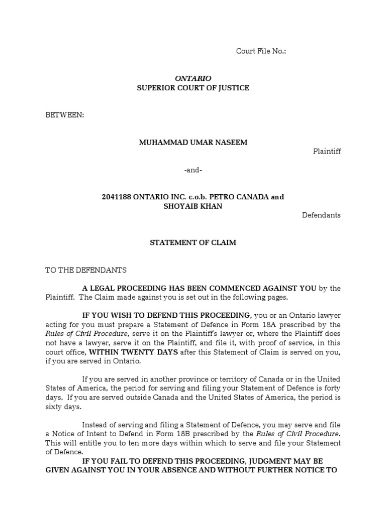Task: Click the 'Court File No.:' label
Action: point(261,51)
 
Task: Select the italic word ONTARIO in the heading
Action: point(193,78)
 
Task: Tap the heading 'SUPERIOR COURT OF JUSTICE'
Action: point(193,88)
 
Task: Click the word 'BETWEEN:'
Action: point(65,115)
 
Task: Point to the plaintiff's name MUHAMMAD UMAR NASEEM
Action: point(193,142)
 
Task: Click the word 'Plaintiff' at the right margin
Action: point(327,151)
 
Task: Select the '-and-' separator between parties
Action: point(193,170)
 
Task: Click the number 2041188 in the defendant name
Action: point(116,197)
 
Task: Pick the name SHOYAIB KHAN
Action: point(193,206)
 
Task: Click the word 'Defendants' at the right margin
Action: point(321,215)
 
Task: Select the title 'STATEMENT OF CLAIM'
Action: point(193,242)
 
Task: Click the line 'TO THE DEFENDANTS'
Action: point(86,270)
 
